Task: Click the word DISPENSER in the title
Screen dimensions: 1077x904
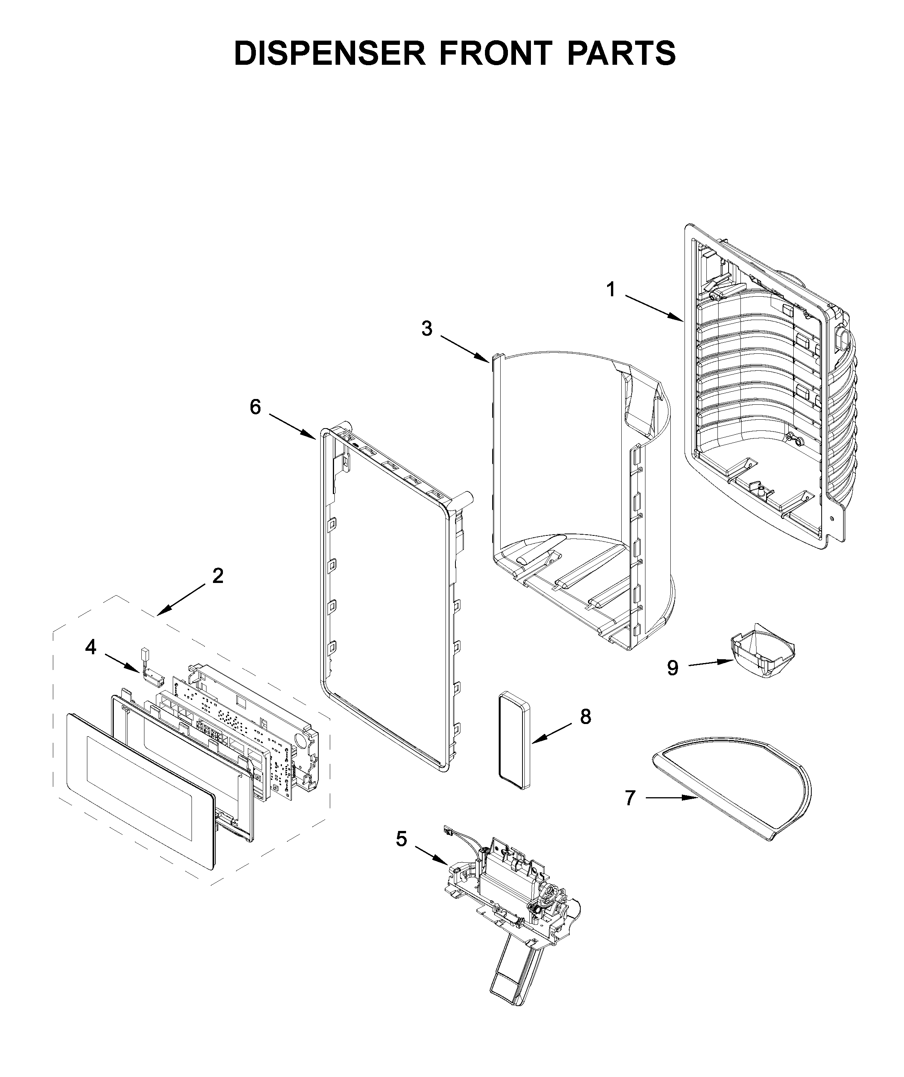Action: click(329, 53)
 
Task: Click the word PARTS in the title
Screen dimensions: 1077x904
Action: click(621, 53)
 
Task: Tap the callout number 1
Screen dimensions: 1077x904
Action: click(610, 290)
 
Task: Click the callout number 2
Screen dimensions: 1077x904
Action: click(218, 576)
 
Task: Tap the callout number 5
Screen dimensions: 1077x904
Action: click(401, 839)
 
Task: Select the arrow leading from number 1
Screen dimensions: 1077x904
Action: click(653, 308)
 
